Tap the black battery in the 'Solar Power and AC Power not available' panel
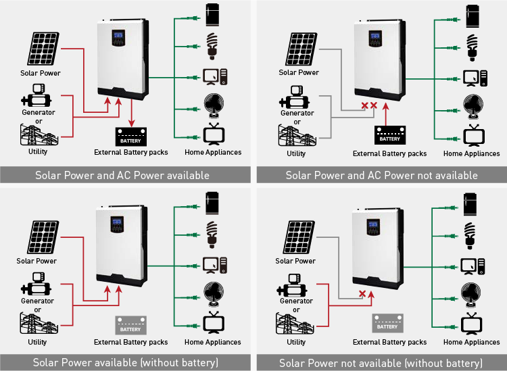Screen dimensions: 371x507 [x=389, y=135]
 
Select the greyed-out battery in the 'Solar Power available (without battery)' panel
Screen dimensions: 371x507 [x=130, y=326]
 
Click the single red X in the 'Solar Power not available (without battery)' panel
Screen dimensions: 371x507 [x=362, y=295]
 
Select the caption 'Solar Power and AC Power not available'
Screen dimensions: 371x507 [x=381, y=175]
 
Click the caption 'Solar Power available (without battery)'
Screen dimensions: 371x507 [x=126, y=363]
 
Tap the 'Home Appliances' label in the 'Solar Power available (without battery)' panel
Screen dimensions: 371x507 [x=214, y=342]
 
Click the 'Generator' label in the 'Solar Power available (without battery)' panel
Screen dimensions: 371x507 [x=37, y=301]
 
